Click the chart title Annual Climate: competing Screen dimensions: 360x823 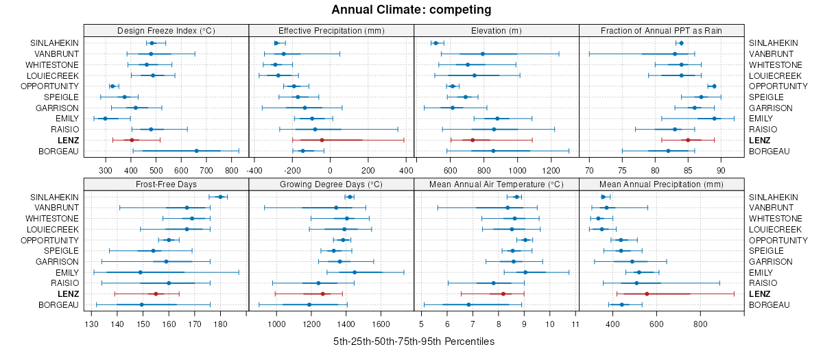coord(411,10)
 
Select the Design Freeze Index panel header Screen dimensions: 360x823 coord(166,30)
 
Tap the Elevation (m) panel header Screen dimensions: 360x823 coord(497,30)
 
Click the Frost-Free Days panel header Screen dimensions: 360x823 coord(166,184)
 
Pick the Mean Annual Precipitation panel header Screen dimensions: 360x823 coord(661,184)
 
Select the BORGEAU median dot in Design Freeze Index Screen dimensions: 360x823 coord(196,152)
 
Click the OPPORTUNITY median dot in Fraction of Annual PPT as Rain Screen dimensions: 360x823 coord(714,86)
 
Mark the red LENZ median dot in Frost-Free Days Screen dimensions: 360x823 coord(156,294)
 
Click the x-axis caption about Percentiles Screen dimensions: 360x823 coord(414,341)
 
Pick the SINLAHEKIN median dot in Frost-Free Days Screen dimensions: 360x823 coord(220,197)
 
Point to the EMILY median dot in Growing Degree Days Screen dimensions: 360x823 coord(355,272)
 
